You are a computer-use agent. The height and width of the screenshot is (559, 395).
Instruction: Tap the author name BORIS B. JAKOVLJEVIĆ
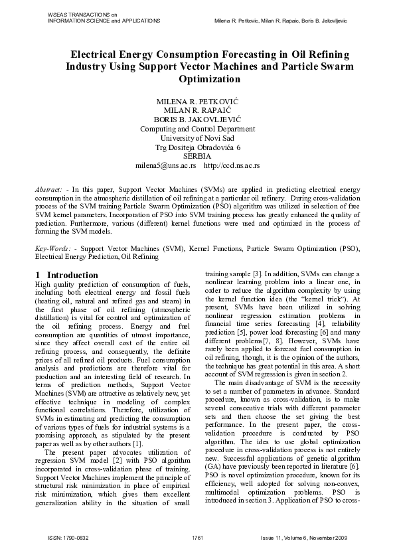(x=197, y=119)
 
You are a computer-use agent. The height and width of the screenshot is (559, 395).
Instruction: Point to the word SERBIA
(x=197, y=155)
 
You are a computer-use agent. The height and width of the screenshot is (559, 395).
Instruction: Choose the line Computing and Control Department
(x=197, y=128)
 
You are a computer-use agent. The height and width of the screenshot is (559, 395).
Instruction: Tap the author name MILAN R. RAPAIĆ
(x=197, y=110)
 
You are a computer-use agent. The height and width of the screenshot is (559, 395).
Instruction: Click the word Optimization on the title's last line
(x=197, y=79)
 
